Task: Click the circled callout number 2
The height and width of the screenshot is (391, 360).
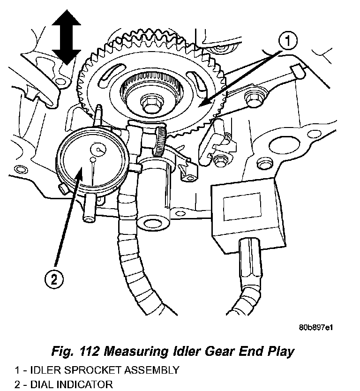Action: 54,280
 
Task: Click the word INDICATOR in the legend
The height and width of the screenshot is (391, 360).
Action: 82,385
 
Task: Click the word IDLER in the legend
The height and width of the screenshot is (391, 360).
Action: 37,370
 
